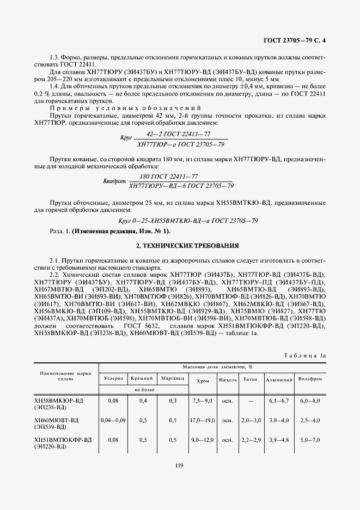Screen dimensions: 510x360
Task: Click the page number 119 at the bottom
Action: pos(179,465)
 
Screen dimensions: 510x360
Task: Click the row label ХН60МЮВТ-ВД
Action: pos(56,420)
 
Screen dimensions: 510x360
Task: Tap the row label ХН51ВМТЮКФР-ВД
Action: pos(62,440)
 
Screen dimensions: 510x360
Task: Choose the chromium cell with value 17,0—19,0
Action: pos(201,420)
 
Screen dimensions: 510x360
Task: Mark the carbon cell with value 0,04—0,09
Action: pos(113,420)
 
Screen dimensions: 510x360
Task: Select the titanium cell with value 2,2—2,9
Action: pos(251,440)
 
